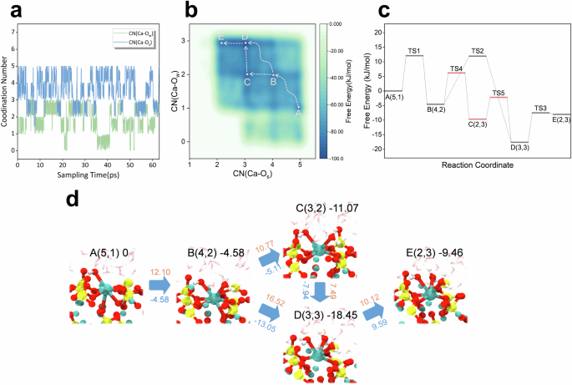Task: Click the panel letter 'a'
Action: pyautogui.click(x=8, y=10)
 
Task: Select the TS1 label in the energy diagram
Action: pyautogui.click(x=413, y=51)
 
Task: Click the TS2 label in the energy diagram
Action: pyautogui.click(x=478, y=52)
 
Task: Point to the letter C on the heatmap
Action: pyautogui.click(x=246, y=81)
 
